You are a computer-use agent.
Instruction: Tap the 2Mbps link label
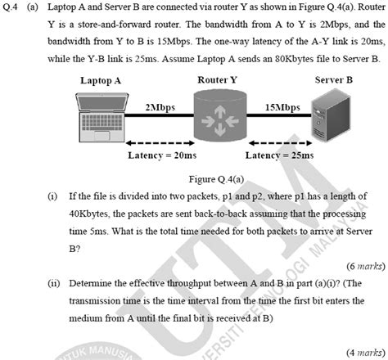tap(159, 107)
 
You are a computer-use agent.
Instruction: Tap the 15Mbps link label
tap(282, 107)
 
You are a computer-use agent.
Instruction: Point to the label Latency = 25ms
tap(280, 155)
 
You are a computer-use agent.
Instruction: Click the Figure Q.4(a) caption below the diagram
tap(218, 178)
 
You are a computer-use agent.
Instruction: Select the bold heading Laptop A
tap(101, 80)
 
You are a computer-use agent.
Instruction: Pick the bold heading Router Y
tap(218, 79)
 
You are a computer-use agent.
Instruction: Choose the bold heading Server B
tap(334, 79)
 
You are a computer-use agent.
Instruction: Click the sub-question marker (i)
tap(52, 196)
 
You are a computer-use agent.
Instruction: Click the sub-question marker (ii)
tap(53, 283)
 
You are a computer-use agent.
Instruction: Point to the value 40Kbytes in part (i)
tap(89, 214)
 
